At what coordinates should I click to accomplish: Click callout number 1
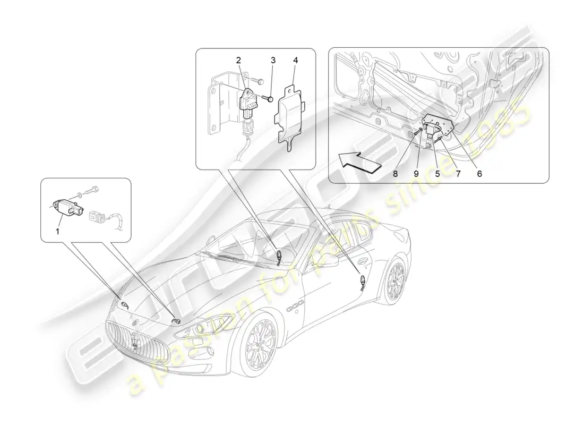58,232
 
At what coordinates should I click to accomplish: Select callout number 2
238,60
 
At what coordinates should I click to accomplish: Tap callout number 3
273,60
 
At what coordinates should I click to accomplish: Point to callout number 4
296,60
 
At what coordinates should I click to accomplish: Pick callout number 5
437,174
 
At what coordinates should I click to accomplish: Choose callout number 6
479,174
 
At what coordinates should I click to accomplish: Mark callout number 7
458,174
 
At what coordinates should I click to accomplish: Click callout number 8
395,174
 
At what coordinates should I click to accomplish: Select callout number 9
416,174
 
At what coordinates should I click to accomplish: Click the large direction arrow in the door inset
360,162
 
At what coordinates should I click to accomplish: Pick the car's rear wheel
396,282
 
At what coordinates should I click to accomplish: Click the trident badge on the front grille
134,340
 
